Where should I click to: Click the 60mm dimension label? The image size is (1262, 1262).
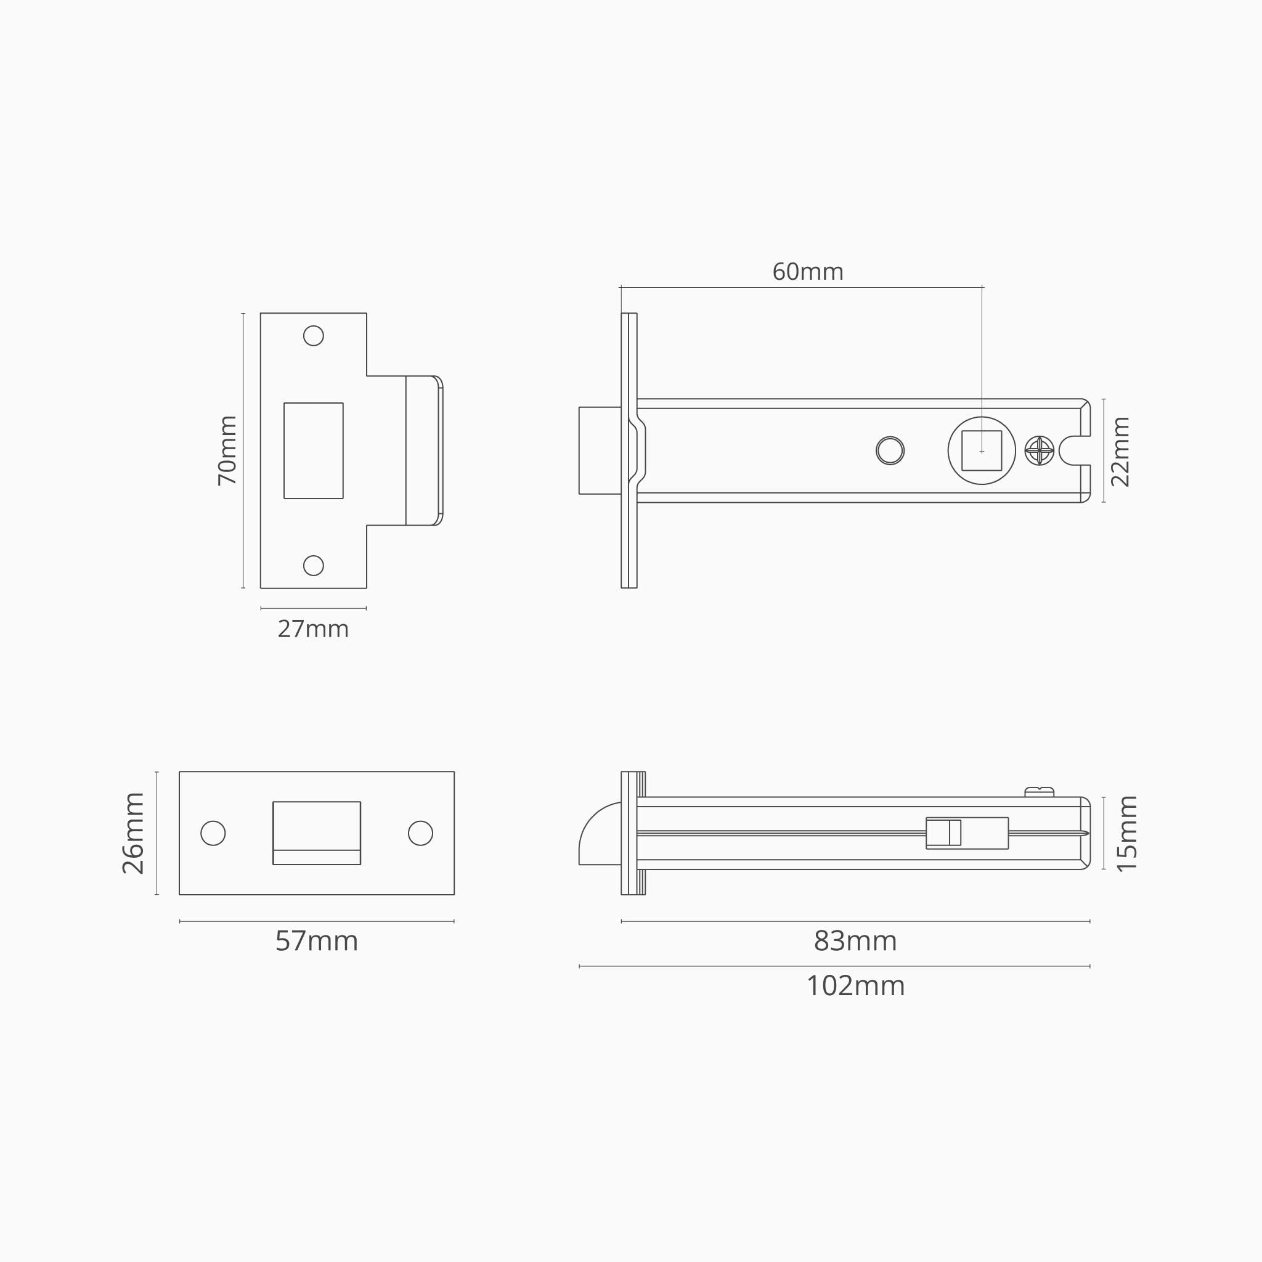click(807, 272)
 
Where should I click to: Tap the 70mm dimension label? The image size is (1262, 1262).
click(227, 450)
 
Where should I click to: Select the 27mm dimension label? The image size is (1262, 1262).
click(313, 629)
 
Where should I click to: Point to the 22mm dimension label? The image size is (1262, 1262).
click(1120, 451)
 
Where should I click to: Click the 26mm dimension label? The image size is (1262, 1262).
click(133, 833)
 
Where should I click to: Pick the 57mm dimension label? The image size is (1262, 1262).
click(317, 942)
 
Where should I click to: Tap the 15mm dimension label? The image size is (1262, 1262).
click(1127, 834)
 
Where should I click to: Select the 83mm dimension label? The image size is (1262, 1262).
click(855, 942)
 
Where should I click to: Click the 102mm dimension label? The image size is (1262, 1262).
click(856, 986)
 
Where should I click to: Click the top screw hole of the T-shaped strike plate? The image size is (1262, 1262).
click(314, 336)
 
